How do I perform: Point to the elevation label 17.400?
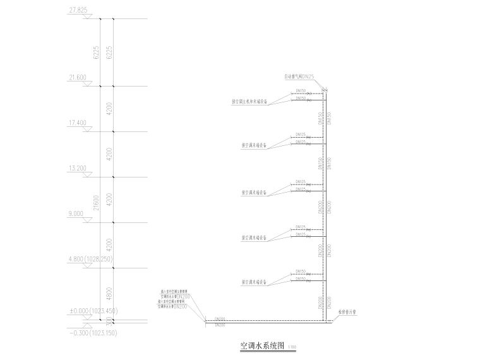coord(78,123)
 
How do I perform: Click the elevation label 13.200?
coord(78,168)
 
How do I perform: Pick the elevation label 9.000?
coord(76,213)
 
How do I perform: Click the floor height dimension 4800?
coord(110,294)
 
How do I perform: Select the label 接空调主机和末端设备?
coord(249,101)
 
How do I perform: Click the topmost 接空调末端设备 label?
coord(254,145)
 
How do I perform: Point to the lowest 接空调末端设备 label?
coord(254,282)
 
